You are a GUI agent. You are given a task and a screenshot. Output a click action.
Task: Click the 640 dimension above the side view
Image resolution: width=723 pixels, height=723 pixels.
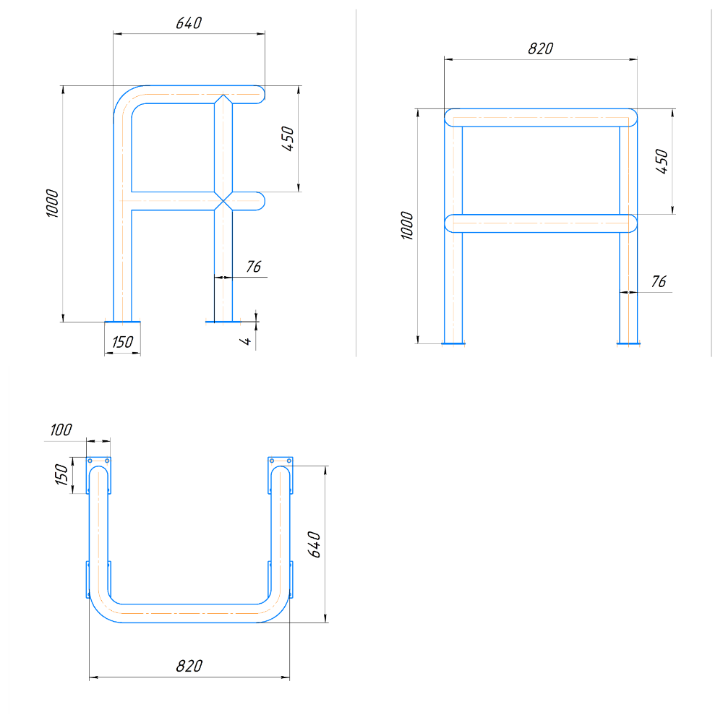tap(189, 23)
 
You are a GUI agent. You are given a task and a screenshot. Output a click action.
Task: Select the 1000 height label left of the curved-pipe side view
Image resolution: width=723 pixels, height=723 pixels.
tap(53, 203)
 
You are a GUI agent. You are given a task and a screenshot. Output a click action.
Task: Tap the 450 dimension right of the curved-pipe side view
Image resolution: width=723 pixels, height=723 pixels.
tap(288, 139)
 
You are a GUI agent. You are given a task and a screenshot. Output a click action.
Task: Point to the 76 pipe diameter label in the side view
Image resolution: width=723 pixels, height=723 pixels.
tap(254, 267)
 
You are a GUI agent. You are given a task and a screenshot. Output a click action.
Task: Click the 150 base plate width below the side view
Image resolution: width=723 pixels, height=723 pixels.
tap(122, 342)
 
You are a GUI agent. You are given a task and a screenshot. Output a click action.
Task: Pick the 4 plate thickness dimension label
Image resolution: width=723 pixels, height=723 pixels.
tap(245, 341)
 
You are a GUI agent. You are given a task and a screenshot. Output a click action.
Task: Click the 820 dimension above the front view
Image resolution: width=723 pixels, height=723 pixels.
tap(540, 48)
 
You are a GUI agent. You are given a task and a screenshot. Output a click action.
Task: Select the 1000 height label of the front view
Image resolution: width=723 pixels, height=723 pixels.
tap(407, 226)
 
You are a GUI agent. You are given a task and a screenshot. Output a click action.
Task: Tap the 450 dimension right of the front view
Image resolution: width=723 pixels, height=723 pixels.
tap(662, 161)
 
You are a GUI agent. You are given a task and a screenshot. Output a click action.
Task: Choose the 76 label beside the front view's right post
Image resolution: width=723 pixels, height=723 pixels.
tap(659, 281)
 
